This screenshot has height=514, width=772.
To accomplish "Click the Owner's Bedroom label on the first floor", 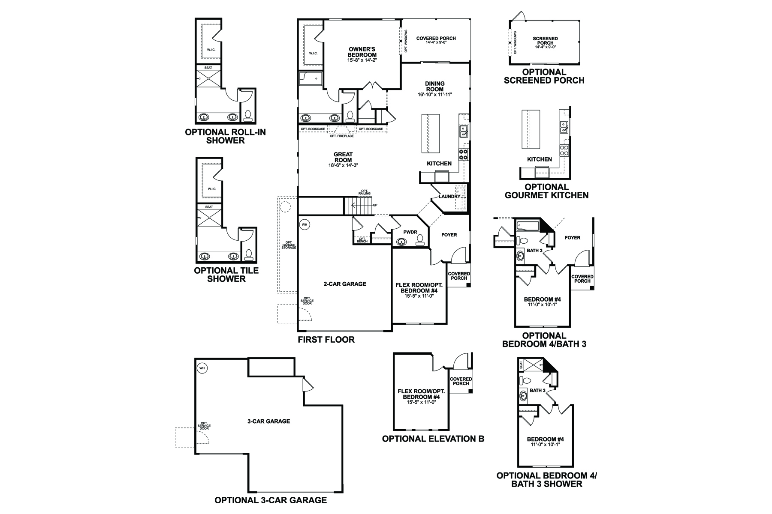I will click(362, 52).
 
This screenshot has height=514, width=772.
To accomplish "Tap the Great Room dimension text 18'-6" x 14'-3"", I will click(343, 165).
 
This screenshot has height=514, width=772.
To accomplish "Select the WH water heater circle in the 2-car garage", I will click(305, 224).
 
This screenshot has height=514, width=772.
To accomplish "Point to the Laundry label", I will click(449, 197).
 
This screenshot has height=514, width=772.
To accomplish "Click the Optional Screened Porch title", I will click(544, 76).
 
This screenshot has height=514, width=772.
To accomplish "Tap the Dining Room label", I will click(435, 87).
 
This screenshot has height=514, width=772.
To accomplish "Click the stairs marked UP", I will click(358, 207).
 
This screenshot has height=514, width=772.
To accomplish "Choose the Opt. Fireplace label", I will click(341, 136).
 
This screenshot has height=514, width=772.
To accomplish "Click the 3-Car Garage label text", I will click(268, 421).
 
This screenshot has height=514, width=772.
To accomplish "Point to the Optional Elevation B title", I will click(433, 439).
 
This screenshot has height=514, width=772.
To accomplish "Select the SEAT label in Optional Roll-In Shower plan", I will click(208, 68).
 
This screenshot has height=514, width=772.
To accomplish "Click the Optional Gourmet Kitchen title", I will click(546, 191).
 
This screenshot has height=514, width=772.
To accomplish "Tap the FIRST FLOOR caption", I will click(326, 340).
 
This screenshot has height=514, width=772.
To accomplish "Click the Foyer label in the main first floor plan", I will click(449, 235).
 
